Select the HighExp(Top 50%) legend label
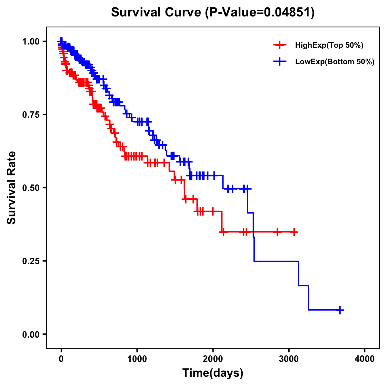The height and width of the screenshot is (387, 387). pyautogui.click(x=329, y=45)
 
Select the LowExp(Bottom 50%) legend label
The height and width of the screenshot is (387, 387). pyautogui.click(x=335, y=62)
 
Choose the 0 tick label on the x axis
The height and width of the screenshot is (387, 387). pyautogui.click(x=61, y=359)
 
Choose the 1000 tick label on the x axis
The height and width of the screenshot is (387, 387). pyautogui.click(x=137, y=359)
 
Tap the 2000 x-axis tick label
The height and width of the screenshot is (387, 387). pyautogui.click(x=213, y=359)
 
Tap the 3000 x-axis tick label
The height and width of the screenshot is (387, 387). pyautogui.click(x=289, y=359)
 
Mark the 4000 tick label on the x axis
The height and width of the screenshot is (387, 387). pyautogui.click(x=365, y=359)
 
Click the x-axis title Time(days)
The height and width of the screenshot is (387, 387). pyautogui.click(x=213, y=373)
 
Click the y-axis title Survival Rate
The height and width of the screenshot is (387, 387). pyautogui.click(x=12, y=188)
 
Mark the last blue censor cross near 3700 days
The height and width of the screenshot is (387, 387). pyautogui.click(x=340, y=310)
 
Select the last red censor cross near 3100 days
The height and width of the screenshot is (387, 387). pyautogui.click(x=294, y=232)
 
